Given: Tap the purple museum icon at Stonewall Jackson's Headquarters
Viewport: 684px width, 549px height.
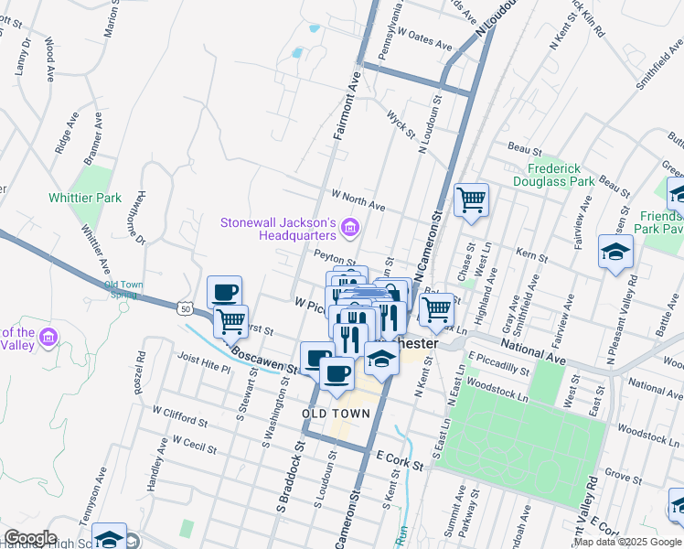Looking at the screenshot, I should click(x=348, y=227).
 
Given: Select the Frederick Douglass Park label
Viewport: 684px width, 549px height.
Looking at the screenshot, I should click(x=561, y=175).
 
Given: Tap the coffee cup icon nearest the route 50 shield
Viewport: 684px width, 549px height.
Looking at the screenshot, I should click(x=224, y=293).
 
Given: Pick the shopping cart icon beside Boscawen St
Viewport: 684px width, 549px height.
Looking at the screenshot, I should click(x=231, y=321).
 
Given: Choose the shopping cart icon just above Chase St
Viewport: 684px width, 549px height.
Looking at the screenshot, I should click(x=471, y=199).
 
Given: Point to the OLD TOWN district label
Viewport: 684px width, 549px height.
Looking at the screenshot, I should click(x=337, y=414).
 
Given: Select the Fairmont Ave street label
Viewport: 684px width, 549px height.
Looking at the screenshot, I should click(x=347, y=108).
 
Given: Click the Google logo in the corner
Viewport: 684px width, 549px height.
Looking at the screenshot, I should click(x=30, y=538).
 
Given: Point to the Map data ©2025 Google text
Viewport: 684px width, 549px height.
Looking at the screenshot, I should click(x=627, y=542).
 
